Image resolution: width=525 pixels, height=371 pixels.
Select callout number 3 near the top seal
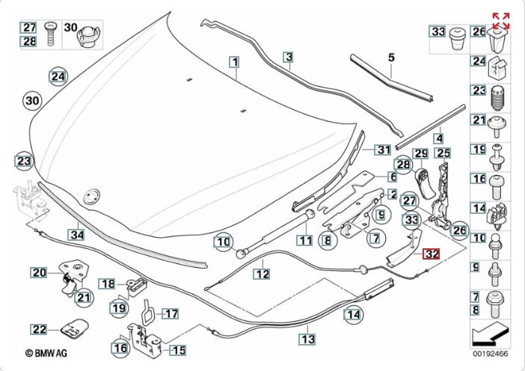point(288,57)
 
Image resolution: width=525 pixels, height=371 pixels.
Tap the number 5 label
point(390,57)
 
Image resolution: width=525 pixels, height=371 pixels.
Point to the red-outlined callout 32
point(431,254)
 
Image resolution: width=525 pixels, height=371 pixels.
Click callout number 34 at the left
point(76,234)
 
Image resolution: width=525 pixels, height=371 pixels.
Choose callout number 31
point(383,149)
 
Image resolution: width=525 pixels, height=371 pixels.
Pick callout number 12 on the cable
point(260,274)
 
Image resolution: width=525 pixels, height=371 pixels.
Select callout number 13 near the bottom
point(307,339)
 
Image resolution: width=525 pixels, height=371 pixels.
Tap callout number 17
point(171,314)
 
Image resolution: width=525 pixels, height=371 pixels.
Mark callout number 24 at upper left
point(58,76)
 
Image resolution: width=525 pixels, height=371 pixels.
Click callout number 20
point(39,273)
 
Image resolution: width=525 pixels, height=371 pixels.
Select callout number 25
point(443,153)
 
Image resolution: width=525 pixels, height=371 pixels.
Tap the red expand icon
point(500,20)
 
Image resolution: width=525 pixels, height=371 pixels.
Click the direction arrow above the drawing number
point(491,329)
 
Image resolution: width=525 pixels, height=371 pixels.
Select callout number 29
point(421,153)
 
